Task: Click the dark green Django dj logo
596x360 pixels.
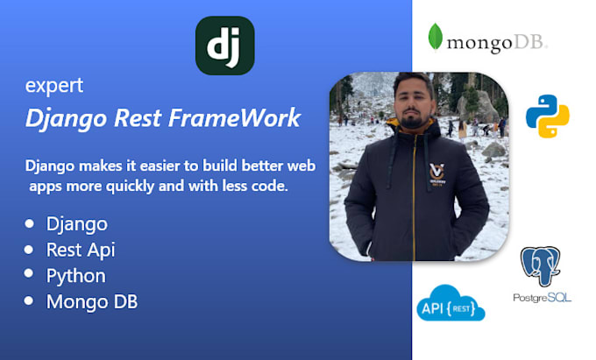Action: pyautogui.click(x=224, y=46)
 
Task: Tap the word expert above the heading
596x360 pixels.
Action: pyautogui.click(x=54, y=86)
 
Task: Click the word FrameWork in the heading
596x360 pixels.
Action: pyautogui.click(x=235, y=117)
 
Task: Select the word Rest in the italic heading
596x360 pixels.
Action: pyautogui.click(x=138, y=117)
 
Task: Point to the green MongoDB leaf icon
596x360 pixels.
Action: pyautogui.click(x=436, y=37)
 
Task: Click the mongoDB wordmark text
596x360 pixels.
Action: pyautogui.click(x=497, y=43)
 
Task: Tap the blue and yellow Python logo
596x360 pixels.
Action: pyautogui.click(x=547, y=116)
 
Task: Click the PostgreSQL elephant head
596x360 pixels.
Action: pyautogui.click(x=540, y=265)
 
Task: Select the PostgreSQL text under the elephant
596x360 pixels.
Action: pyautogui.click(x=542, y=298)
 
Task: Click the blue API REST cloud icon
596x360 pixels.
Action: pyautogui.click(x=451, y=303)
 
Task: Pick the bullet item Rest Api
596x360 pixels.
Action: pyautogui.click(x=81, y=251)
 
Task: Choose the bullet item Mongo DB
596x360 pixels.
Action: pyautogui.click(x=92, y=302)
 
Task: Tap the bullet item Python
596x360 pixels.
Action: pyautogui.click(x=76, y=276)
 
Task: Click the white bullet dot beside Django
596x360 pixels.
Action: pyautogui.click(x=29, y=223)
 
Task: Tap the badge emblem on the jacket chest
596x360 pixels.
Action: pyautogui.click(x=437, y=173)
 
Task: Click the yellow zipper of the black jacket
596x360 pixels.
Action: pyautogui.click(x=414, y=197)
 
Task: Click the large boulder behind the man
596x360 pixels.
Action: pyautogui.click(x=478, y=105)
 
